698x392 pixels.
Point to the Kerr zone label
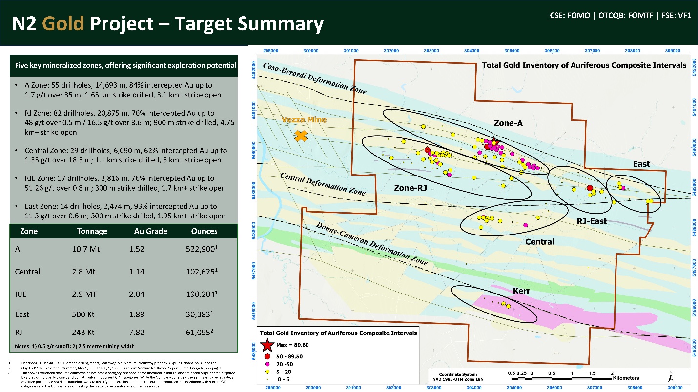522,291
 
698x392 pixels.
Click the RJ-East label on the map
592,221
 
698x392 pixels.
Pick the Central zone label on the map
540,242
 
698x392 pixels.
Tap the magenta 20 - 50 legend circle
267,364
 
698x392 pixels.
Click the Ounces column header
205,231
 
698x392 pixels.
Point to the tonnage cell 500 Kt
85,314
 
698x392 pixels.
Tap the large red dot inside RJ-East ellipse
590,188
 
